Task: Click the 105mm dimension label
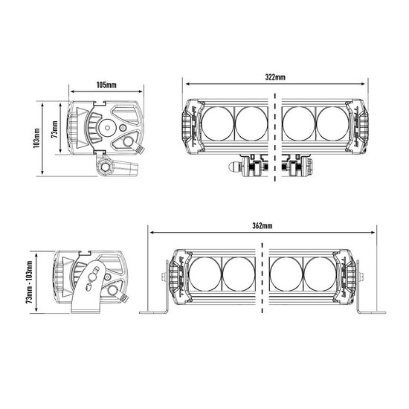pyautogui.click(x=106, y=85)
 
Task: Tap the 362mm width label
pyautogui.click(x=262, y=226)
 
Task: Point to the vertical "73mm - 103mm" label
pyautogui.click(x=29, y=283)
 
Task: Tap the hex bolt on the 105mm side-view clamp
pyautogui.click(x=105, y=168)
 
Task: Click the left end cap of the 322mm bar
pyautogui.click(x=190, y=125)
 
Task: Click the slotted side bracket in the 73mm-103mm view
pyautogui.click(x=91, y=286)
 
